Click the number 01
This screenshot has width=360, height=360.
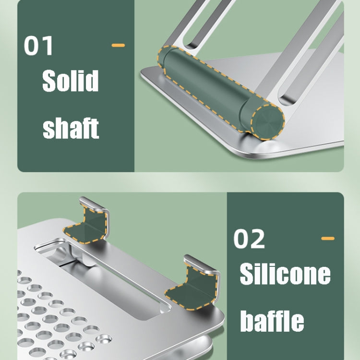[38, 46]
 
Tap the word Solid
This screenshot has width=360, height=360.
[71, 80]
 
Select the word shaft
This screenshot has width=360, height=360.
[71, 128]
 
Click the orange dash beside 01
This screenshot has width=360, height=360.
[118, 45]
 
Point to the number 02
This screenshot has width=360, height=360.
[249, 239]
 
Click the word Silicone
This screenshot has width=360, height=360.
[285, 274]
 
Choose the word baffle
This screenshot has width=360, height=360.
[272, 321]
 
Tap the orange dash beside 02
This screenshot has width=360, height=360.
[328, 238]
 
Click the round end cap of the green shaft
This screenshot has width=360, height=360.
[268, 122]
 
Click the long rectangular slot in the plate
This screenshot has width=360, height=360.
[103, 278]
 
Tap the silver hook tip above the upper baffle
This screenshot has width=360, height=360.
[92, 203]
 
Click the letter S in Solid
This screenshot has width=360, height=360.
[49, 81]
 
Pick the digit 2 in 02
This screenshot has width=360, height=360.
[257, 239]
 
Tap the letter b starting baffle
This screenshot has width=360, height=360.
[248, 321]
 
